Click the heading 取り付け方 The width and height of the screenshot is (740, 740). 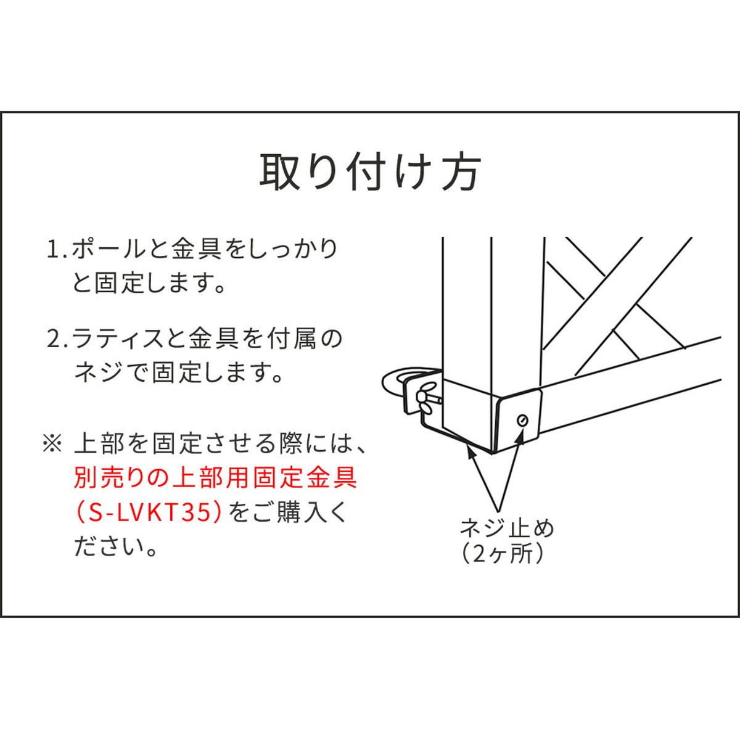coord(369,172)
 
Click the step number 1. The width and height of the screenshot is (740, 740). coord(54,250)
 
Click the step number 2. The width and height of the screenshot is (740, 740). coord(54,339)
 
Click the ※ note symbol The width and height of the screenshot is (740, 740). coord(52,443)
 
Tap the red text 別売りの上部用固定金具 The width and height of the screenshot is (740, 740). coord(215,478)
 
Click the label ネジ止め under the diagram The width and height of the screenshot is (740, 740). coord(507,528)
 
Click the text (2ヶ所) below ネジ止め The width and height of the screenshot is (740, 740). coord(503,554)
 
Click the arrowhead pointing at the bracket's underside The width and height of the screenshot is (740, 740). coord(470,453)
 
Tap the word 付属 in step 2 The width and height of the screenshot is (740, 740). coord(292,339)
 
